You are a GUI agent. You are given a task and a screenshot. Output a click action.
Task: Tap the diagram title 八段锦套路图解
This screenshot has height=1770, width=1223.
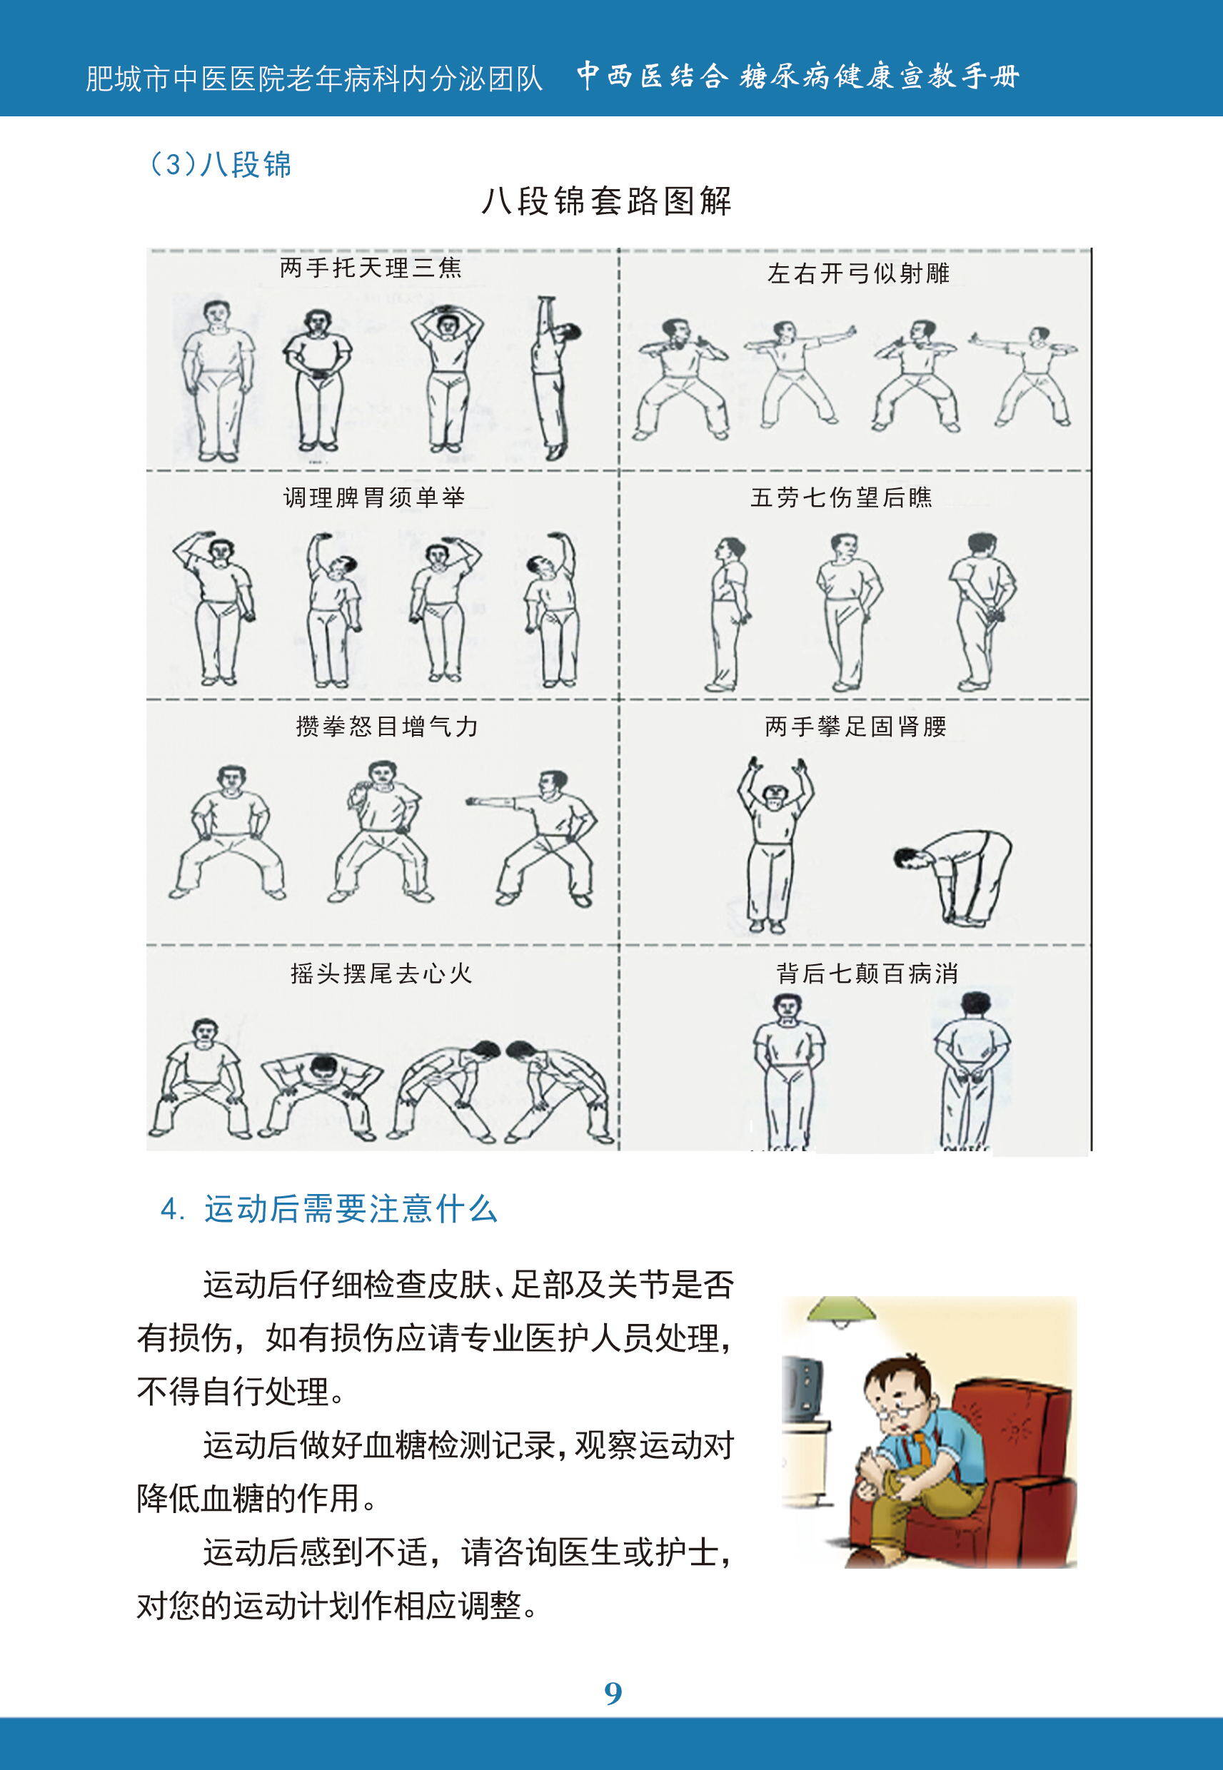click(x=606, y=201)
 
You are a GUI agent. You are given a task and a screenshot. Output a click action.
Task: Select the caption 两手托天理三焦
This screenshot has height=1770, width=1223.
click(x=371, y=268)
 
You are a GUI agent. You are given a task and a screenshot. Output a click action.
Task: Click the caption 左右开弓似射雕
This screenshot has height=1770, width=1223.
click(x=858, y=273)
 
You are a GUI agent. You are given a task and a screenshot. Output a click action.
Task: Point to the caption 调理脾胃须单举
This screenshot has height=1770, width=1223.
click(x=374, y=498)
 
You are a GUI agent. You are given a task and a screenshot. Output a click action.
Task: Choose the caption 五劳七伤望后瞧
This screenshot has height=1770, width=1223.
click(x=840, y=498)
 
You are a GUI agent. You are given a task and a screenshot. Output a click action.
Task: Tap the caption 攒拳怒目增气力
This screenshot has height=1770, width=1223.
click(x=387, y=726)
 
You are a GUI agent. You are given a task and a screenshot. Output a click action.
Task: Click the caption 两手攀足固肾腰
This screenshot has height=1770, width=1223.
click(x=855, y=726)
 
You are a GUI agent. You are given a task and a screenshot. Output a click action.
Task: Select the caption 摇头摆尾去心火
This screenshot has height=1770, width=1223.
click(x=381, y=973)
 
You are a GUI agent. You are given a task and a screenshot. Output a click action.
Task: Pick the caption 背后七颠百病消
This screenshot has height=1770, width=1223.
click(x=867, y=973)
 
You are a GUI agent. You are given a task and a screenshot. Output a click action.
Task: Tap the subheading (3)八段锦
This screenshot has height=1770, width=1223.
click(x=221, y=165)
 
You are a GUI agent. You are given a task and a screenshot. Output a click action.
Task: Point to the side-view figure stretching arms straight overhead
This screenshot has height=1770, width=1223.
click(x=555, y=377)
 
